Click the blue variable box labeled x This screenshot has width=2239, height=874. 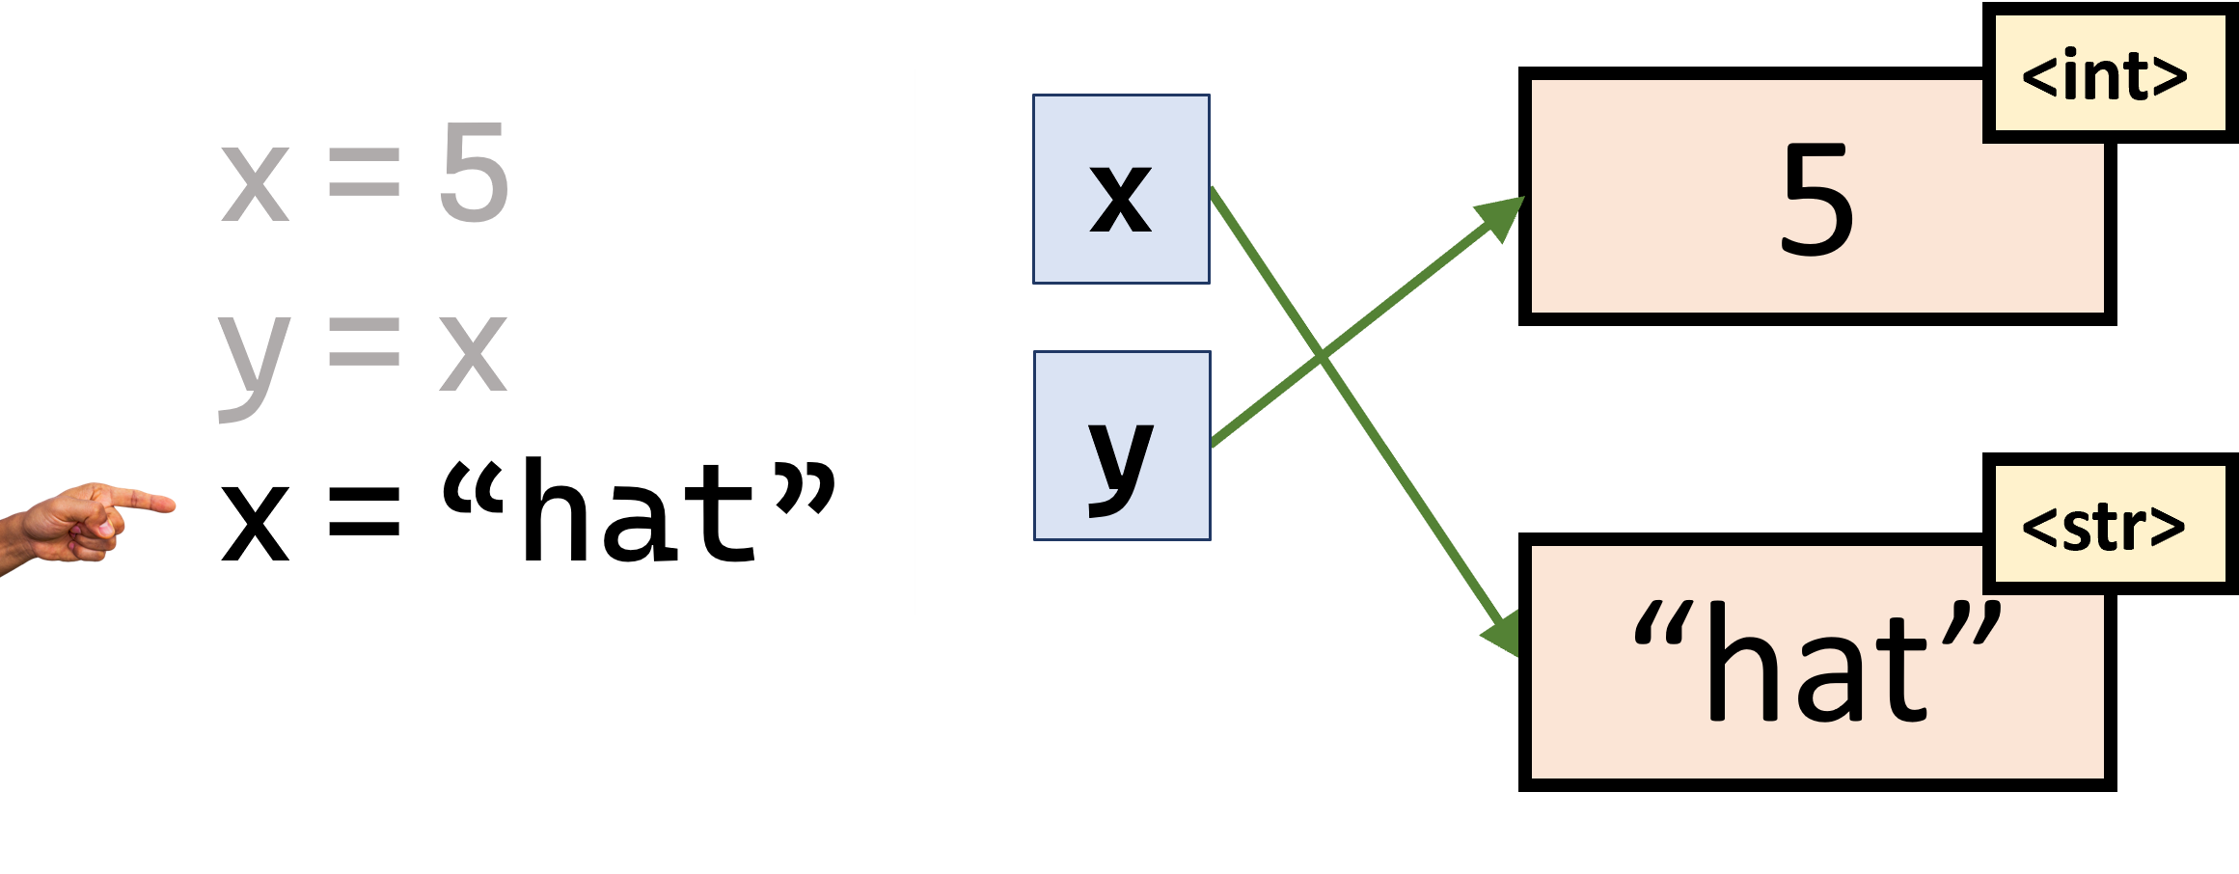pos(1121,189)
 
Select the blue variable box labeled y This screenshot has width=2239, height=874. pos(1121,446)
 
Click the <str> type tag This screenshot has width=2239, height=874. pos(2103,526)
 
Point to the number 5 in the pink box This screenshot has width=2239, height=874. pos(1816,203)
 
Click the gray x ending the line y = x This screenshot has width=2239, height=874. pos(473,353)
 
